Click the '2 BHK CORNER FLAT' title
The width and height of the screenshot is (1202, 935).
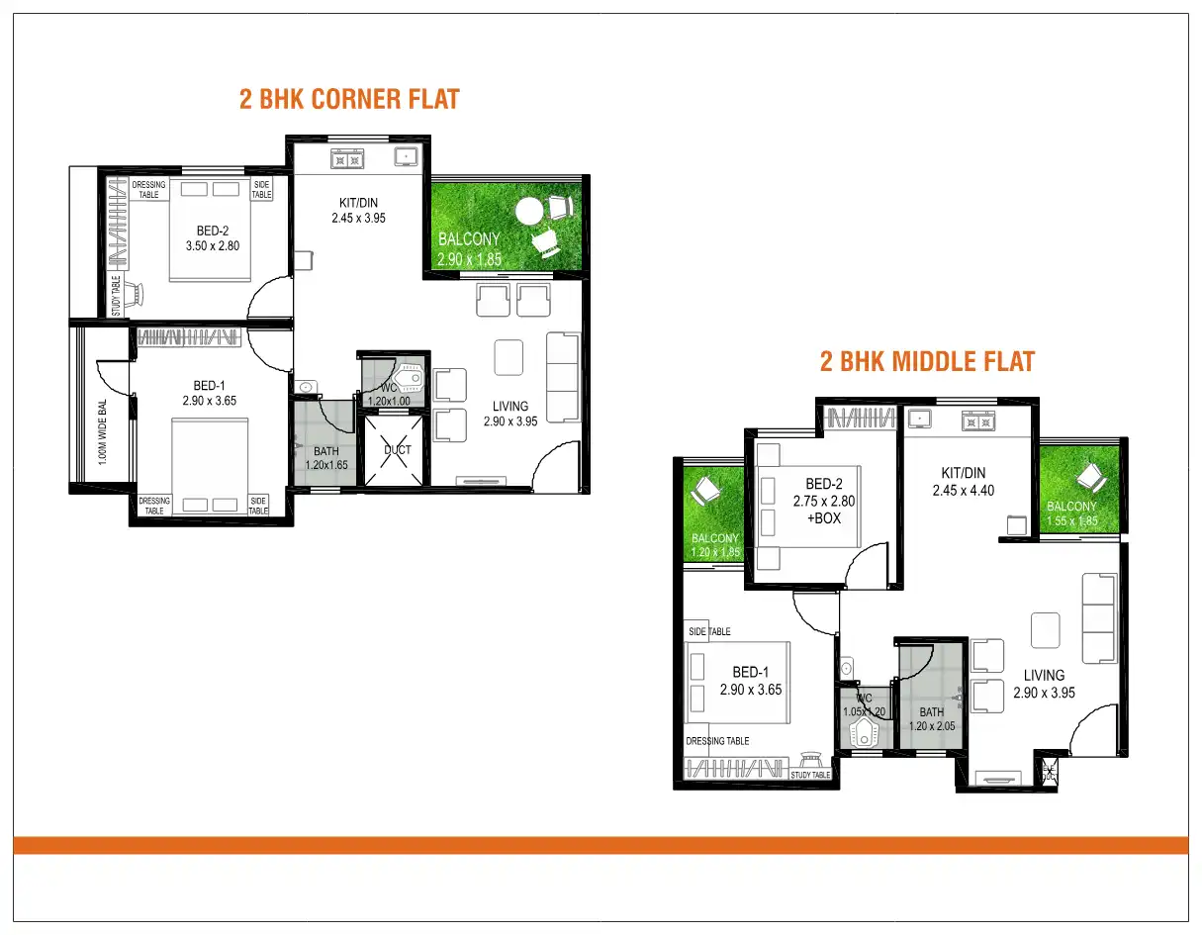(349, 99)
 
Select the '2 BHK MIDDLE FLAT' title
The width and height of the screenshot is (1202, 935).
(927, 361)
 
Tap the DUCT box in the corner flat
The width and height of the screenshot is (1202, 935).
(398, 450)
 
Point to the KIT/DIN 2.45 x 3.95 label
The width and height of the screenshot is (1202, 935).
(358, 211)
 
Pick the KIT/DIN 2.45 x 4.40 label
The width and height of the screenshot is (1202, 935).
(963, 481)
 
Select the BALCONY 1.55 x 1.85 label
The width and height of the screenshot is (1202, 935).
(1072, 514)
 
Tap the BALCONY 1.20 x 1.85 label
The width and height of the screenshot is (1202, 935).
(715, 546)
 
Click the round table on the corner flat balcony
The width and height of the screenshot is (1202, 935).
(530, 211)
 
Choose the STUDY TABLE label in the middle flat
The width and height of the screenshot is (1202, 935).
(810, 775)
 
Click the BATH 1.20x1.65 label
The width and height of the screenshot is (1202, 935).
(325, 457)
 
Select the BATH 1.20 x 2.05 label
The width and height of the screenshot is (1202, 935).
(931, 718)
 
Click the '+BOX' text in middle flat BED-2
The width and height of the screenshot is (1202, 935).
(823, 517)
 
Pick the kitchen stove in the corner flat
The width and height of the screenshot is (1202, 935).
(347, 157)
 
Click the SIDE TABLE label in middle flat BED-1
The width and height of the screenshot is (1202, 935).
(709, 631)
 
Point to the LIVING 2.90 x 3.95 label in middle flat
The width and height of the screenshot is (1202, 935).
(1044, 684)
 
